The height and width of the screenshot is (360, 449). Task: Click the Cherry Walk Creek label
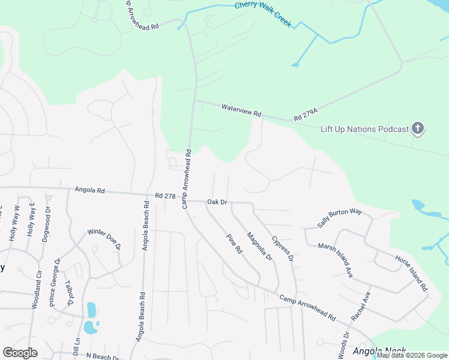pyautogui.click(x=262, y=13)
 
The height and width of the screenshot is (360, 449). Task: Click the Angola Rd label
pyautogui.click(x=89, y=190)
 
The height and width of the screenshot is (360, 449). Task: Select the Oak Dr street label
pyautogui.click(x=217, y=202)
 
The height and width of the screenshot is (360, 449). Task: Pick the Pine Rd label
pyautogui.click(x=234, y=242)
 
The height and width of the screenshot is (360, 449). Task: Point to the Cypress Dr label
pyautogui.click(x=282, y=248)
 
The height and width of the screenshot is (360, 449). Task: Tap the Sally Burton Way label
pyautogui.click(x=340, y=219)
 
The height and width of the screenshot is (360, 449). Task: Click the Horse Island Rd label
pyautogui.click(x=411, y=273)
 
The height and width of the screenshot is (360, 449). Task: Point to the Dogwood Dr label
pyautogui.click(x=48, y=224)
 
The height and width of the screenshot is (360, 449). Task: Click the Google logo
pyautogui.click(x=20, y=353)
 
